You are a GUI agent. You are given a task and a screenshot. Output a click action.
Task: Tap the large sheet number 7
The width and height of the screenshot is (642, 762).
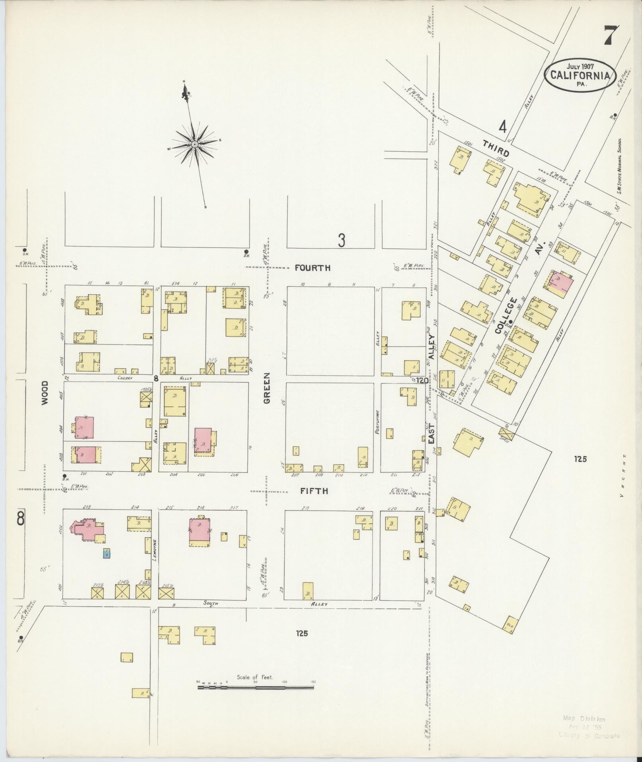pos(611,36)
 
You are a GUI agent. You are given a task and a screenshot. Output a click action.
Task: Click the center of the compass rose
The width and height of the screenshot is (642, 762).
pos(195,144)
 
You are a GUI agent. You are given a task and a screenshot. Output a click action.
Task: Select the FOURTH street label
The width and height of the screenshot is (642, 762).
pos(312,268)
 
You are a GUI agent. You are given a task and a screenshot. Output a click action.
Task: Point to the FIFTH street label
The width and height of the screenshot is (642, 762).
pos(314,491)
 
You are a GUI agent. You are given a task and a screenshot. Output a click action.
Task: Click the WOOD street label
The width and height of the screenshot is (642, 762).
pos(44,393)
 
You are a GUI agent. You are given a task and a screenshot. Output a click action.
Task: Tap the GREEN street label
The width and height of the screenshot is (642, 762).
pos(266,388)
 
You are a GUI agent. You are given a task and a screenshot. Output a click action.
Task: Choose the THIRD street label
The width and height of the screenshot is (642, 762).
pos(496,149)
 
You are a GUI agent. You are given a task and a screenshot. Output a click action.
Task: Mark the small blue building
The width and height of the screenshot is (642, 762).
pos(107,553)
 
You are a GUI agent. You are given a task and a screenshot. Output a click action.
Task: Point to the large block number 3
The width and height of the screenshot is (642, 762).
pos(341,241)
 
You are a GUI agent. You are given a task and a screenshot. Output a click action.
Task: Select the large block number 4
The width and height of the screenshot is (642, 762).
pos(503,127)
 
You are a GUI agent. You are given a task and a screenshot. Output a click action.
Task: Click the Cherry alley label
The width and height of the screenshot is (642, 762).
pos(126,378)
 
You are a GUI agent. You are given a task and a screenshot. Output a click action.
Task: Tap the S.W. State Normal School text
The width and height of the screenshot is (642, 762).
pos(620,166)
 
